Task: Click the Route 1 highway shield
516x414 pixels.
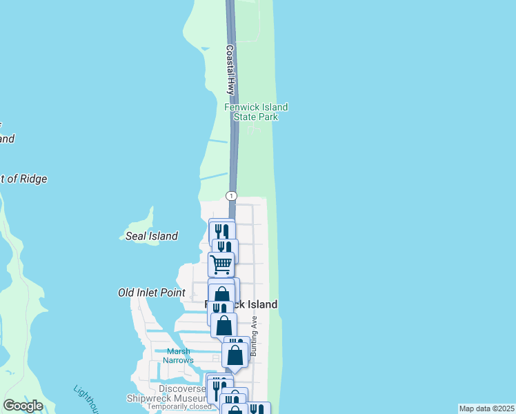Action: point(231,196)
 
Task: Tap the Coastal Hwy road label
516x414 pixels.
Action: point(230,70)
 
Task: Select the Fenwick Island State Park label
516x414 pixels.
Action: point(256,112)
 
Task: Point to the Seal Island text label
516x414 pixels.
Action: point(152,236)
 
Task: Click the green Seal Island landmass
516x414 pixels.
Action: point(141,224)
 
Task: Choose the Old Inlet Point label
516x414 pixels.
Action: point(151,293)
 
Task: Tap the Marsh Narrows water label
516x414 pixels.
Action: point(178,355)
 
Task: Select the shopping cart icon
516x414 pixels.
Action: point(221,264)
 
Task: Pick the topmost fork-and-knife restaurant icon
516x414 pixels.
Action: point(222,230)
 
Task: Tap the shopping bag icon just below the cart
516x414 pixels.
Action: point(221,294)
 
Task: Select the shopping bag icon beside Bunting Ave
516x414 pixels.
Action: point(235,355)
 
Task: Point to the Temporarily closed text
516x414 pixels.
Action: point(179,406)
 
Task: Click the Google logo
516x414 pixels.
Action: point(23,406)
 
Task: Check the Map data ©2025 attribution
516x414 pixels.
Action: point(487,408)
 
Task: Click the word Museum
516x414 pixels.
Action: point(187,398)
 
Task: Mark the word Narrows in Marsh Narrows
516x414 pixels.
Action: point(178,360)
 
